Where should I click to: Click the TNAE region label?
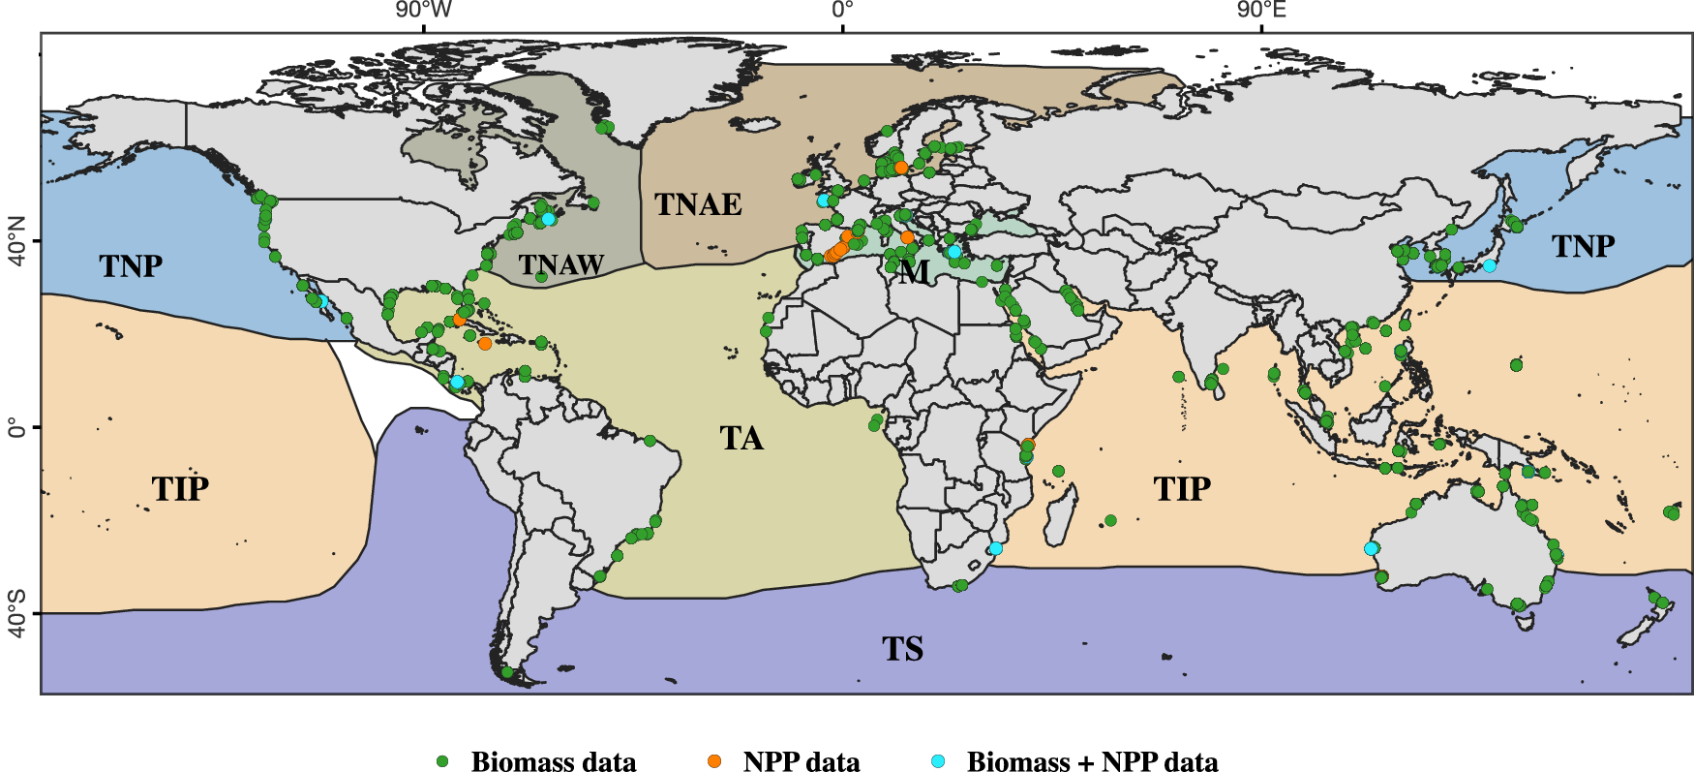[x=698, y=204]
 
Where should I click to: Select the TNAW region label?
[x=561, y=264]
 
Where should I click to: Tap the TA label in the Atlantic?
[x=741, y=439]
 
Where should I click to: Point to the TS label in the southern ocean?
[x=902, y=648]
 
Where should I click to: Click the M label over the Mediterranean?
[x=913, y=272]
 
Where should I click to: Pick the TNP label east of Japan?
[x=1584, y=247]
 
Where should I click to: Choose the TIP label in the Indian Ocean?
[x=1182, y=489]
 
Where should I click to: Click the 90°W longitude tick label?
[x=423, y=11]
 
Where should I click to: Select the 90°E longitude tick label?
[x=1261, y=11]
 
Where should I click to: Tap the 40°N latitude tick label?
[x=16, y=241]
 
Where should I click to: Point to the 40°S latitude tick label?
[x=16, y=613]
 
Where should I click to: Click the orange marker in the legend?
[x=714, y=761]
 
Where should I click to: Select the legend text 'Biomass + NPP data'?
[x=1092, y=761]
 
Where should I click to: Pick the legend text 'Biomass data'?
[x=554, y=761]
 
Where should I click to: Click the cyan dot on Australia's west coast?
[x=1371, y=548]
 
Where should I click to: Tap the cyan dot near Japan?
[x=1489, y=265]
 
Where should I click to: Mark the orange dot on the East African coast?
[x=1028, y=445]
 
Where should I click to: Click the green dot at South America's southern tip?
[x=507, y=672]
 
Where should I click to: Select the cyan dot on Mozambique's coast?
[x=995, y=548]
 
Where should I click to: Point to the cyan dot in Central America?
[x=457, y=382]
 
